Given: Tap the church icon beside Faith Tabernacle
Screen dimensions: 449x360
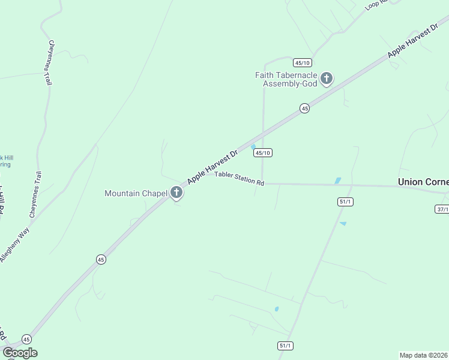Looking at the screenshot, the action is coord(327,78).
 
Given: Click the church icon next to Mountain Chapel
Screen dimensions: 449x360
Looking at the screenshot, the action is coord(176,193).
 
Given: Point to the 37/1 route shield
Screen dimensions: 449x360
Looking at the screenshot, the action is coord(442,208).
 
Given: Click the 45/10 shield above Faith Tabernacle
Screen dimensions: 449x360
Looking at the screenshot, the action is coord(302,62).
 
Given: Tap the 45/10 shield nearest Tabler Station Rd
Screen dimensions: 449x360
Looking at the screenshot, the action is coord(263,153).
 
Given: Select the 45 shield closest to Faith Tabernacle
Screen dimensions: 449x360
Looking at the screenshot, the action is coord(305,109).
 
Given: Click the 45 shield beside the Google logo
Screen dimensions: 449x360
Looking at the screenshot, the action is coord(26,339).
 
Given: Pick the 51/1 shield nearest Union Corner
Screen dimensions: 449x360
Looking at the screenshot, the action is coord(345,202).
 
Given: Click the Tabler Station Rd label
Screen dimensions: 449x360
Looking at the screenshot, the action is coord(240,178).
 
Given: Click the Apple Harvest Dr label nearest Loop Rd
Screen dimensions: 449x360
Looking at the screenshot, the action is coord(413,41).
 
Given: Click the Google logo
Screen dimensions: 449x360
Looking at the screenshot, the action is coord(20,353).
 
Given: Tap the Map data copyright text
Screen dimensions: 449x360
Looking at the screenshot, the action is coord(424,355).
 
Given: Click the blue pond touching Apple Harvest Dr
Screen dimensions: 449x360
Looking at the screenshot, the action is coord(253,146).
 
